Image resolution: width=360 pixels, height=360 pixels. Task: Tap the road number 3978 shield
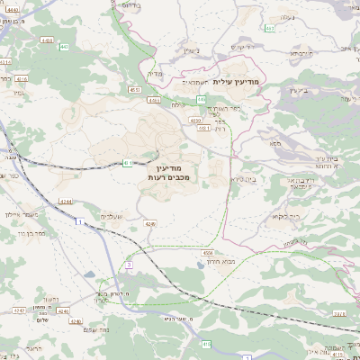pyautogui.click(x=338, y=313)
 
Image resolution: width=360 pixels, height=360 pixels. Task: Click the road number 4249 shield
pyautogui.click(x=149, y=222)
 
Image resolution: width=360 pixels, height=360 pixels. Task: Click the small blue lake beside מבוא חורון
pyautogui.click(x=195, y=266)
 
